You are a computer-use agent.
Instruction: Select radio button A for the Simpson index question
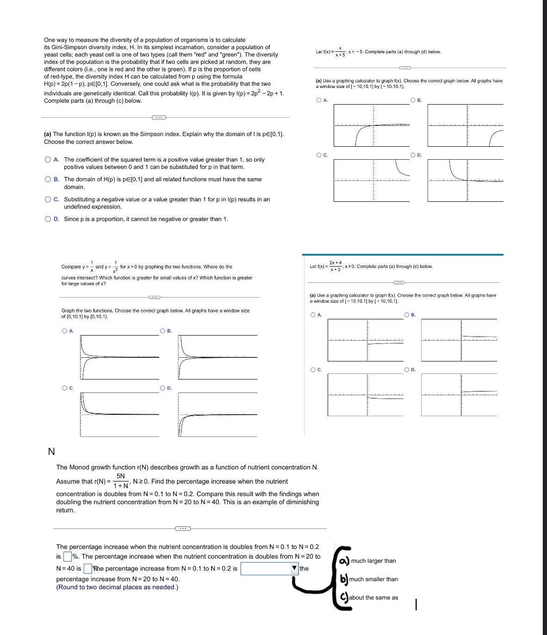pyautogui.click(x=48, y=160)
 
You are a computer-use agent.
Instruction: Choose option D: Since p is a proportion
pyautogui.click(x=48, y=219)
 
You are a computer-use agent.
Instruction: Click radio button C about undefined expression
pyautogui.click(x=48, y=199)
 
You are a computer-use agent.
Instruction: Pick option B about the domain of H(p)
pyautogui.click(x=48, y=180)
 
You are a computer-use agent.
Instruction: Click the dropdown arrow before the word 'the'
pyautogui.click(x=294, y=568)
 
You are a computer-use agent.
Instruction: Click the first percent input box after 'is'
pyautogui.click(x=67, y=556)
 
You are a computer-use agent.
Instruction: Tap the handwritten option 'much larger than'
pyautogui.click(x=373, y=561)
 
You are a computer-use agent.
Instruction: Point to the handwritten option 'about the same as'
pyautogui.click(x=373, y=598)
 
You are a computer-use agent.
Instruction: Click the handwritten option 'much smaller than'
pyautogui.click(x=373, y=579)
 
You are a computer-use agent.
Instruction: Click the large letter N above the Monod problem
pyautogui.click(x=51, y=451)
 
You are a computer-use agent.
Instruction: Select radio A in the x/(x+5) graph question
pyautogui.click(x=319, y=100)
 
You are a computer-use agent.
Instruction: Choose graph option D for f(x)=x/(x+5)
pyautogui.click(x=412, y=155)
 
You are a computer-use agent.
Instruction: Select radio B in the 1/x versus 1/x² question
pyautogui.click(x=162, y=331)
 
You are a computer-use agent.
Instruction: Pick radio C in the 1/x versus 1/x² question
pyautogui.click(x=64, y=388)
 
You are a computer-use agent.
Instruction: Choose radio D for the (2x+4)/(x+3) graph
pyautogui.click(x=406, y=370)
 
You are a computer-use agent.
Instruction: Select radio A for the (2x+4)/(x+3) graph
pyautogui.click(x=313, y=315)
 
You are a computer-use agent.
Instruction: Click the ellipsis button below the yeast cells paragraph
pyautogui.click(x=158, y=117)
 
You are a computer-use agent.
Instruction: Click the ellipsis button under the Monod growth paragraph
pyautogui.click(x=182, y=528)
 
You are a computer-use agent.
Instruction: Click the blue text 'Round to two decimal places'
pyautogui.click(x=117, y=587)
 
